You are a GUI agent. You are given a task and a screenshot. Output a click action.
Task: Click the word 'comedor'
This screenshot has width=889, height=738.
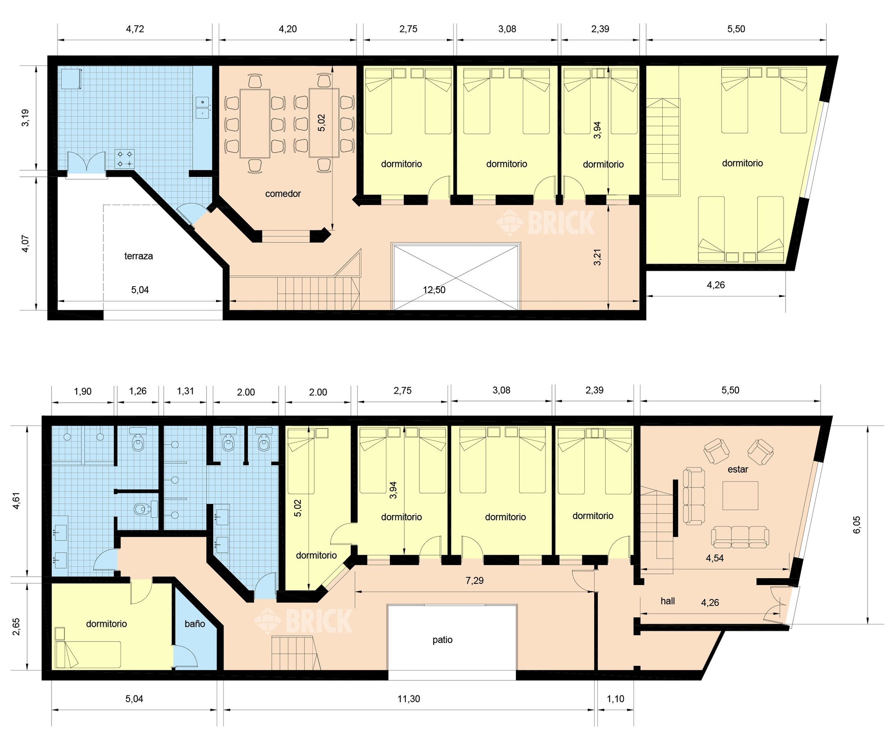(283, 194)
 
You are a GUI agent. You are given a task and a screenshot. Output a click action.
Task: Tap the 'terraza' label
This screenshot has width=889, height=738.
(139, 256)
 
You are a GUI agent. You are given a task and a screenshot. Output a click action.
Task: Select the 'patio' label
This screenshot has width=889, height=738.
(442, 640)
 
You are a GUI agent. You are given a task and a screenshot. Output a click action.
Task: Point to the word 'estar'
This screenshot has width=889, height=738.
(738, 469)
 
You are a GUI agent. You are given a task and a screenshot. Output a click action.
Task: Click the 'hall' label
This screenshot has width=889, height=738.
(668, 601)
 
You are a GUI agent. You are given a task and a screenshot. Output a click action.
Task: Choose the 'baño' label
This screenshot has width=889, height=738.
(195, 624)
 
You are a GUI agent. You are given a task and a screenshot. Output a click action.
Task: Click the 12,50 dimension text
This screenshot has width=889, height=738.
(434, 290)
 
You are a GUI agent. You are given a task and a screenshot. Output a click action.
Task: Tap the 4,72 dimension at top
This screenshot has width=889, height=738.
(135, 29)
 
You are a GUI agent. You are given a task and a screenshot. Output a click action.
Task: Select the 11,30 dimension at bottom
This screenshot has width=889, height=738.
(408, 699)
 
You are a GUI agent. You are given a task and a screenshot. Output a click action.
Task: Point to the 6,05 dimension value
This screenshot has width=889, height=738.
(857, 525)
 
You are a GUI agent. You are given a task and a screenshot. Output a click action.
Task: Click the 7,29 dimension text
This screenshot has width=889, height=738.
(474, 581)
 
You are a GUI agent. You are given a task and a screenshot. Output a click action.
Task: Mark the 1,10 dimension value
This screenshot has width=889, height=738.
(615, 699)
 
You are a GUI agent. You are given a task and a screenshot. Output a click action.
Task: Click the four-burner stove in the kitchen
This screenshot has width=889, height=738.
(125, 159)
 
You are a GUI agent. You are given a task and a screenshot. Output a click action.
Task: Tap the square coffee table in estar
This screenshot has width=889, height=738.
(740, 496)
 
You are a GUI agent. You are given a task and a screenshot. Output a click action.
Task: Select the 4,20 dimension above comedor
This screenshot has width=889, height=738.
(287, 29)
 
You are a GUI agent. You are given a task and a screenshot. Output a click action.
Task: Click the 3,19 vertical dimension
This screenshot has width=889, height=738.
(26, 118)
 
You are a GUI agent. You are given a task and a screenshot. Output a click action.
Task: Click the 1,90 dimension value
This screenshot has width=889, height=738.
(82, 392)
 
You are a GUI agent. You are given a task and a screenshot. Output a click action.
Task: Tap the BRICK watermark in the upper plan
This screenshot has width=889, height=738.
(546, 223)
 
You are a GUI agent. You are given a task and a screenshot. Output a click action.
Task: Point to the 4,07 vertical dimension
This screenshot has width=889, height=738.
(26, 244)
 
